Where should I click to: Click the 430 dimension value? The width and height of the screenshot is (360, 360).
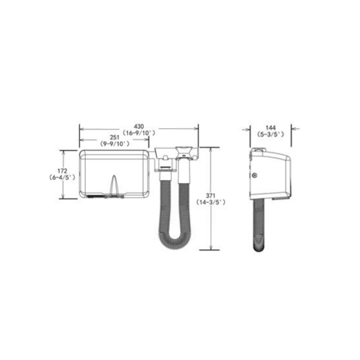pos(139,127)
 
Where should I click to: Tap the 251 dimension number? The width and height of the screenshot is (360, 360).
pos(115,137)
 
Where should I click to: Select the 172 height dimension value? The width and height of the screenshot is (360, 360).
pos(62,171)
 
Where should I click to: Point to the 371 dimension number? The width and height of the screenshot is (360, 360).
pos(211,196)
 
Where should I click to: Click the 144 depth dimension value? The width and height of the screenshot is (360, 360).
pos(271,128)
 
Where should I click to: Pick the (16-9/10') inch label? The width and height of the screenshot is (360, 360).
pos(139,133)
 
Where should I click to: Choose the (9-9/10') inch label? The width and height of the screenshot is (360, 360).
pos(115,144)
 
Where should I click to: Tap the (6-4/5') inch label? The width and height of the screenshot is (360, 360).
pos(62,178)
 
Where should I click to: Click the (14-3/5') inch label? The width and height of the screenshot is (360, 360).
pos(211,202)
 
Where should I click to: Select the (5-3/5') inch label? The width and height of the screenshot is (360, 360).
pos(271,134)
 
